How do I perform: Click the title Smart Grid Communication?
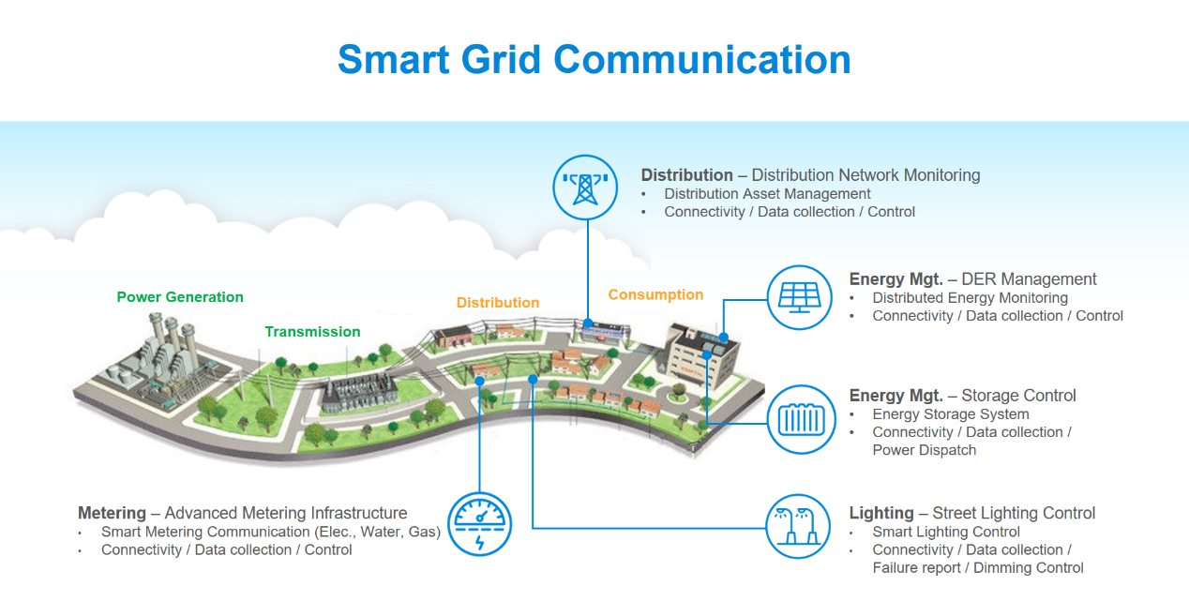[594, 59]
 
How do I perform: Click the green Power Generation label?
[180, 297]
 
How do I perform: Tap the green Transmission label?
[312, 332]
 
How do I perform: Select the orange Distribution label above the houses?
[498, 303]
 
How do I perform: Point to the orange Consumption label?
[655, 294]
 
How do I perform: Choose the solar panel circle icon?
[800, 297]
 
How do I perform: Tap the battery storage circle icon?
[800, 418]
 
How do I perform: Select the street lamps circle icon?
[800, 525]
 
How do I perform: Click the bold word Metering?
[112, 513]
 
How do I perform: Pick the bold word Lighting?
[881, 513]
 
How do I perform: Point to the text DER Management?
[1029, 279]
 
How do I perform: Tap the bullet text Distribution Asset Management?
[767, 194]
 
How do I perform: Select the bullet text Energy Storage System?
[950, 414]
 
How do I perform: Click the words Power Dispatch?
[924, 450]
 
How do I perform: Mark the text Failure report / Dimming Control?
[977, 568]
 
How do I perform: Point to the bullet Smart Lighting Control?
[946, 532]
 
